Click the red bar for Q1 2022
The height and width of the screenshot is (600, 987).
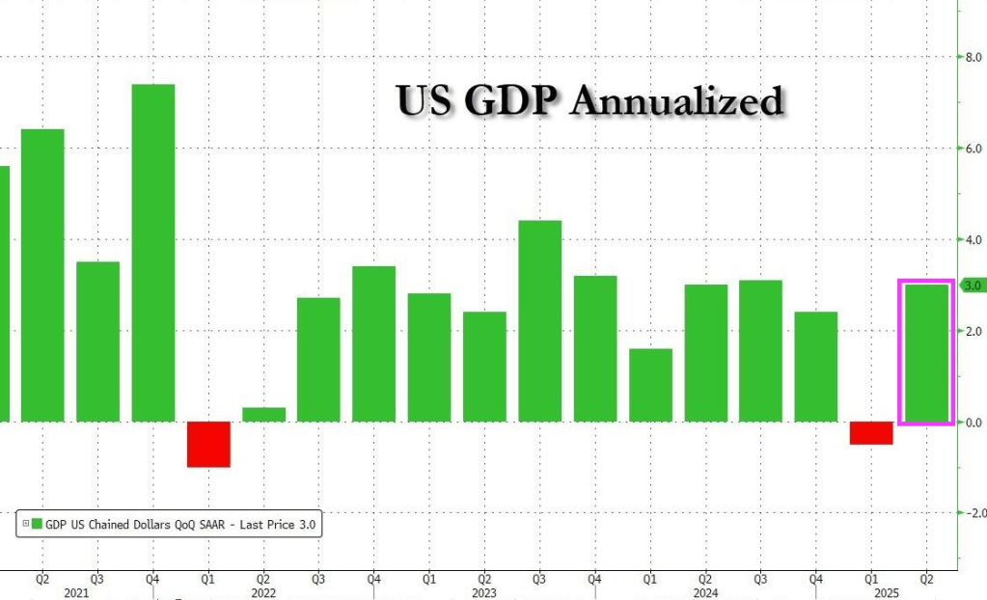tap(208, 444)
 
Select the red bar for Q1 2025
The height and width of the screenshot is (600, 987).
tap(871, 433)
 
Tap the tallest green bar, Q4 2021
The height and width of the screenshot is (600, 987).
tap(153, 253)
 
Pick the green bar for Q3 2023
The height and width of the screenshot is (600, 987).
tap(539, 321)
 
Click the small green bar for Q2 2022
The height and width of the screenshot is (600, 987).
tap(263, 415)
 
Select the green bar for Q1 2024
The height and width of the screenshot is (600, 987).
tap(650, 385)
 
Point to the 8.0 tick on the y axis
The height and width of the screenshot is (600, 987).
tap(973, 58)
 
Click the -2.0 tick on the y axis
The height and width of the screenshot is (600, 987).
tap(972, 513)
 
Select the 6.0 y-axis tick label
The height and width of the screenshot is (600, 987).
tap(973, 149)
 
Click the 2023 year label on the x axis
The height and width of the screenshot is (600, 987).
tap(483, 593)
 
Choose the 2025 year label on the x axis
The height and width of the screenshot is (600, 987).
tap(898, 593)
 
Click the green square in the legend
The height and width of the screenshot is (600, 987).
tap(37, 525)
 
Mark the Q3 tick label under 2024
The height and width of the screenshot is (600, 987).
tap(760, 579)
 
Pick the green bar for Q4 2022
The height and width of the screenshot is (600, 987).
tap(373, 343)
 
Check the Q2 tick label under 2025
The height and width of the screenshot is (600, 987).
tap(926, 579)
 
